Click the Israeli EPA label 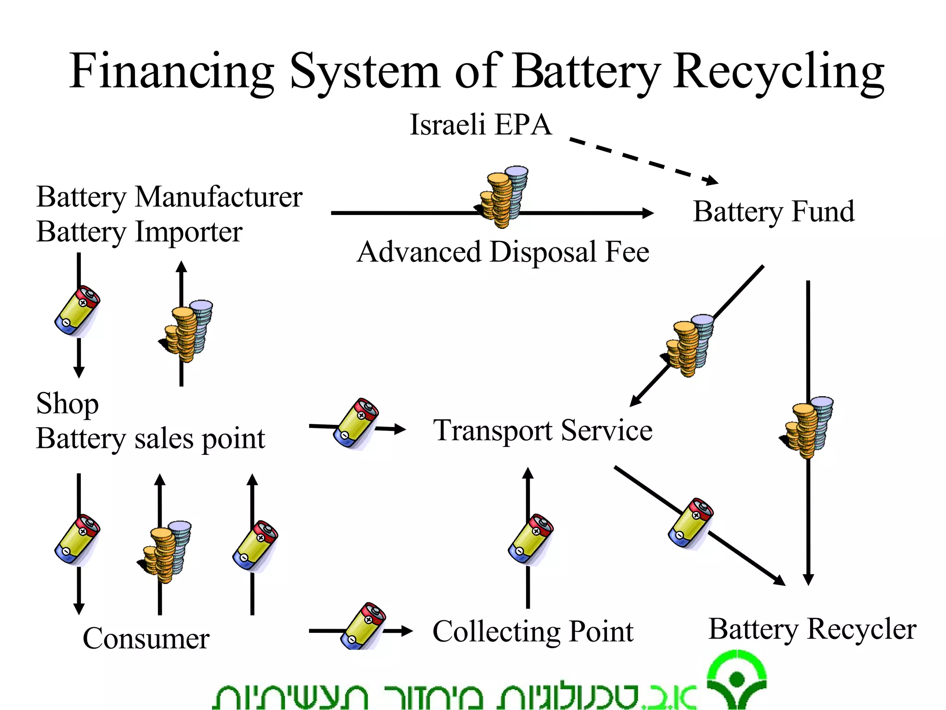pos(480,125)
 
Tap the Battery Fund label pos(774,211)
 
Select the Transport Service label pos(542,430)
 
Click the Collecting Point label pos(533,631)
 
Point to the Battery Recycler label pos(812,629)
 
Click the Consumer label pos(146,638)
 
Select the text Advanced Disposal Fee pos(503,252)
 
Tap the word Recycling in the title pos(778,72)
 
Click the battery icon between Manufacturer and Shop pos(77,311)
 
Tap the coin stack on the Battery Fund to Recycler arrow pos(808,427)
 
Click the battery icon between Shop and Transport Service pos(356,423)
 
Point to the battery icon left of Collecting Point pos(363,627)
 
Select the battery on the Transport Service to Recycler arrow pos(691,523)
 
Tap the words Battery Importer pos(139,232)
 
